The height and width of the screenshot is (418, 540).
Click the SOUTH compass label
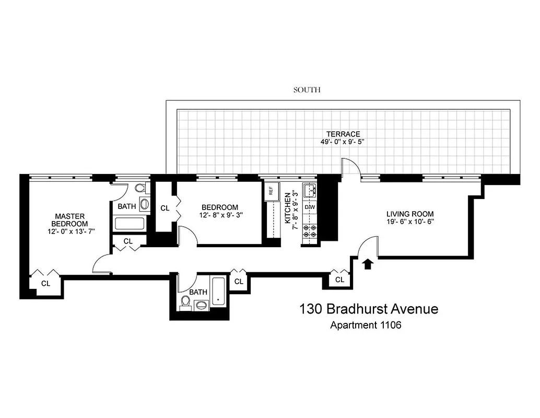pyautogui.click(x=307, y=90)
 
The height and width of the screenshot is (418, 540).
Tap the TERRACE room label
pyautogui.click(x=344, y=134)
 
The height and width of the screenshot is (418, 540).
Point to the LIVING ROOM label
pyautogui.click(x=410, y=214)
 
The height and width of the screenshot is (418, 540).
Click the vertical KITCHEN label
pyautogui.click(x=288, y=208)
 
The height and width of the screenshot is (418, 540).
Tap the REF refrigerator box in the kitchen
pyautogui.click(x=271, y=191)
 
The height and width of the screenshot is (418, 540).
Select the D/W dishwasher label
pyautogui.click(x=310, y=207)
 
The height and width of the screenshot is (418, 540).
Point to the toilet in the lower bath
pyautogui.click(x=185, y=302)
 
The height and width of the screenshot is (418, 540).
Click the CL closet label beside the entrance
pyautogui.click(x=340, y=280)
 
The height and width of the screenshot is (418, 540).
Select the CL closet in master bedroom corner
pyautogui.click(x=46, y=283)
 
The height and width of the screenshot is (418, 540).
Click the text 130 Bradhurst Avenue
pyautogui.click(x=369, y=309)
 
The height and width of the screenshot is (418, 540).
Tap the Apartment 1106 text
pyautogui.click(x=366, y=325)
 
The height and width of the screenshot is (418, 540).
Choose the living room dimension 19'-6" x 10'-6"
pyautogui.click(x=410, y=222)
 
